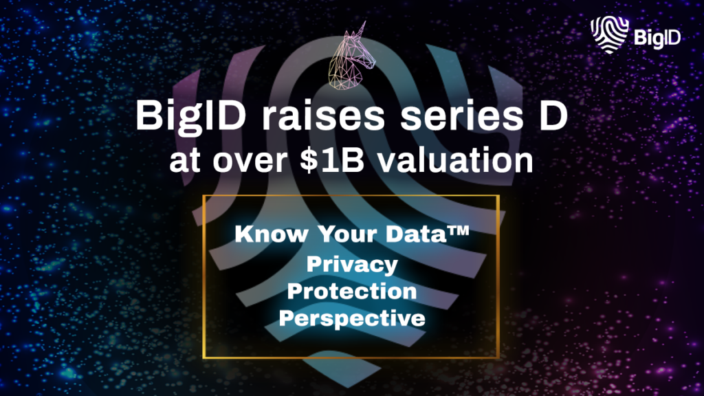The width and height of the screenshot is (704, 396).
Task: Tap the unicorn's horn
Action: click(360, 29)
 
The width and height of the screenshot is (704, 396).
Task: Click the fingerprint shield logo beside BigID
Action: click(609, 34)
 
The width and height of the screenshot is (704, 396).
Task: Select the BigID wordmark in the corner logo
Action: click(657, 38)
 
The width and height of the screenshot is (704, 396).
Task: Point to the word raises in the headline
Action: click(323, 115)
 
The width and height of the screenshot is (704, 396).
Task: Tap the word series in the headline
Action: click(461, 115)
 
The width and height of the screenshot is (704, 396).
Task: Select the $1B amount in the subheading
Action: click(332, 160)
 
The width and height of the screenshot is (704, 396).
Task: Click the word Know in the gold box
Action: click(272, 234)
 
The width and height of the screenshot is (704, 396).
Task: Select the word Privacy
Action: click(352, 265)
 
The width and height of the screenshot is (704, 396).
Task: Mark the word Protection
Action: click(352, 291)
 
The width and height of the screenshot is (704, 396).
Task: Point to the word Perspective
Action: click(352, 319)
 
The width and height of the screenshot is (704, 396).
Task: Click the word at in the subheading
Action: click(184, 162)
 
